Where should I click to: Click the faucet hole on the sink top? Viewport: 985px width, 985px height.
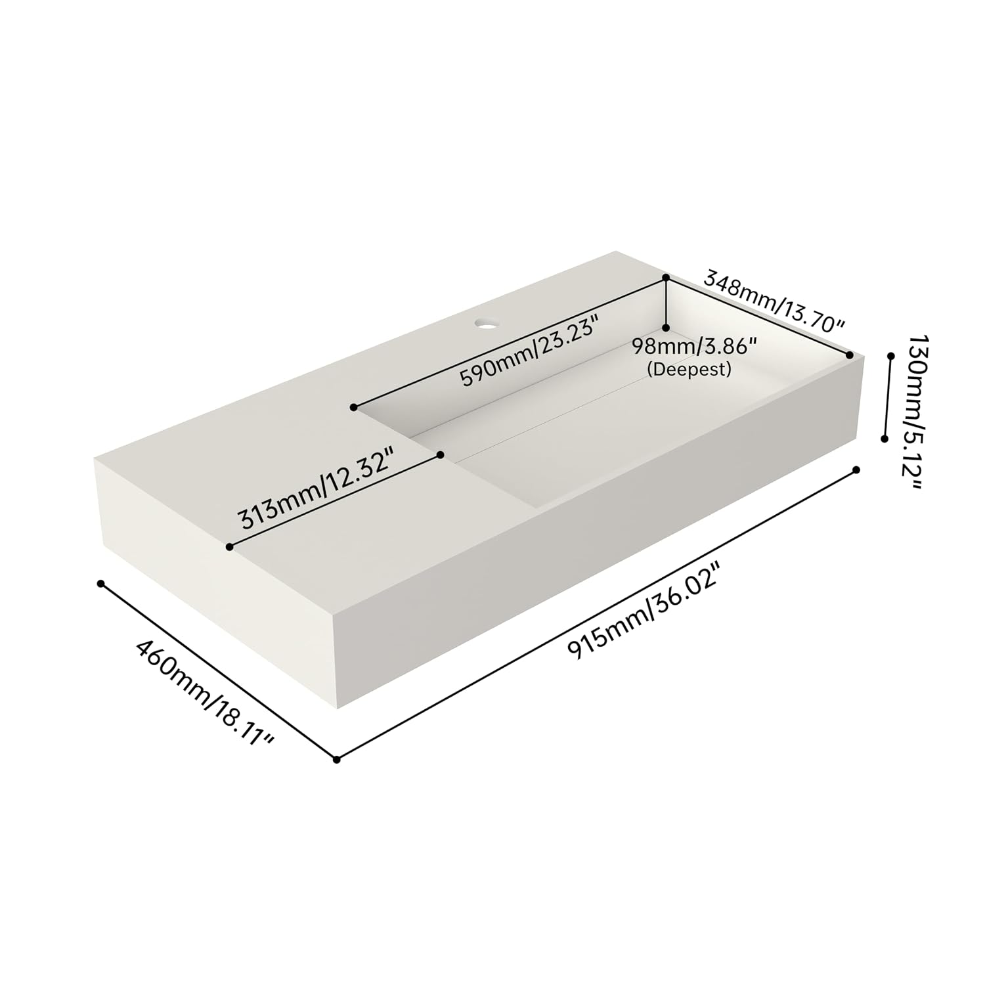487,324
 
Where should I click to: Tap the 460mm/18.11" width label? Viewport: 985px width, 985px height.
204,694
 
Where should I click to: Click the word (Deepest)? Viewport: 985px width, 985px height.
689,370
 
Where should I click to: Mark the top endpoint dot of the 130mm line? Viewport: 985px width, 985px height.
891,356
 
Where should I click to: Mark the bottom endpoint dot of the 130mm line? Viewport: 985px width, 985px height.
885,439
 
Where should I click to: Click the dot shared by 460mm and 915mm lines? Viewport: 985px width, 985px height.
336,760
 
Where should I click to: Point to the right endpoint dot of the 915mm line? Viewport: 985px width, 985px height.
856,470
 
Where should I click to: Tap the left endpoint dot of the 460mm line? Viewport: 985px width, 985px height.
100,583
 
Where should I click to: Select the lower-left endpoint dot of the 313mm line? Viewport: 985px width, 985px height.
229,546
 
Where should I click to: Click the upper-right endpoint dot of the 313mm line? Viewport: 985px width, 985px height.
441,454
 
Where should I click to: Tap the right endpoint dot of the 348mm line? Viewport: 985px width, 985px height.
850,355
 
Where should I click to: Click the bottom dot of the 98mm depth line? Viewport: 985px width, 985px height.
666,327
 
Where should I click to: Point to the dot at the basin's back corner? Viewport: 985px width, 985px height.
666,278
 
